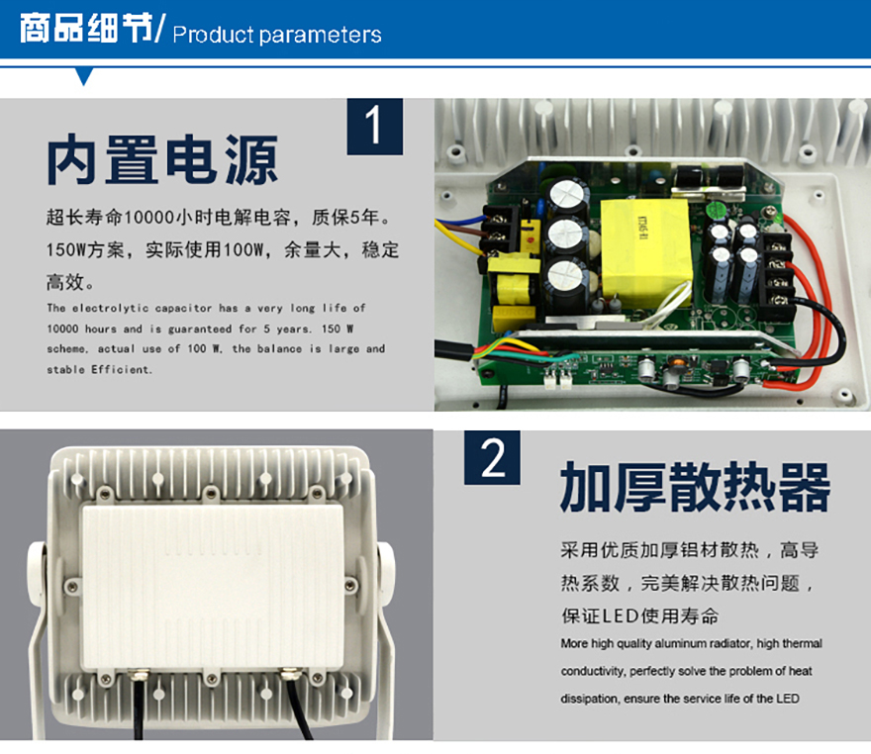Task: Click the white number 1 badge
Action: [x=375, y=127]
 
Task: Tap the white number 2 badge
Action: [x=492, y=457]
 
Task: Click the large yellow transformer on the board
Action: [x=646, y=250]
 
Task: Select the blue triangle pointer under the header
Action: [x=84, y=76]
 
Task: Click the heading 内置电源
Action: [x=162, y=160]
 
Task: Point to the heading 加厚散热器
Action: [x=695, y=487]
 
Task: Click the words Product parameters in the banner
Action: [x=277, y=35]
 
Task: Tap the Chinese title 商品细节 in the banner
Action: [x=86, y=28]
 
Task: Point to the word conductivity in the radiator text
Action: [x=592, y=671]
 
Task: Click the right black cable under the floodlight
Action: [x=299, y=707]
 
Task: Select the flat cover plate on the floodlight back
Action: [x=213, y=587]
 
